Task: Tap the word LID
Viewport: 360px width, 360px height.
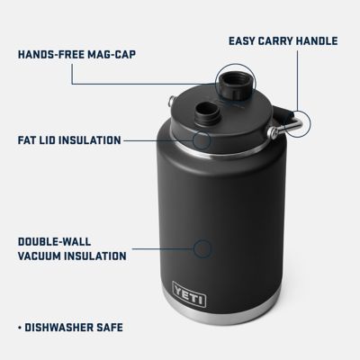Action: (53, 140)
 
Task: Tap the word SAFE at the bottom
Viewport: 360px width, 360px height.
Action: (122, 327)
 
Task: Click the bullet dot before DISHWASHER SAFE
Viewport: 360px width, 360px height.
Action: (20, 327)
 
